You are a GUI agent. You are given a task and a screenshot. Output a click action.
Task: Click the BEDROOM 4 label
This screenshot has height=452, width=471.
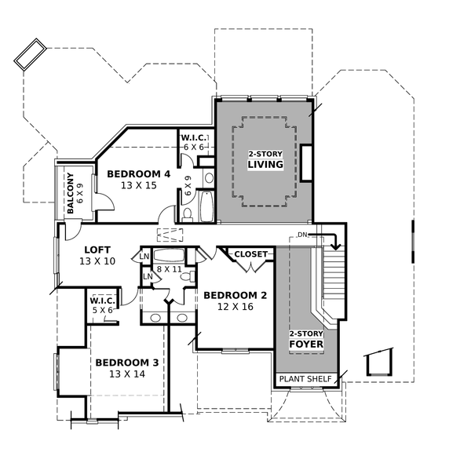point(138,173)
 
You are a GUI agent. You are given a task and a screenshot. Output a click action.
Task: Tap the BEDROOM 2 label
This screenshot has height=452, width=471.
point(235,296)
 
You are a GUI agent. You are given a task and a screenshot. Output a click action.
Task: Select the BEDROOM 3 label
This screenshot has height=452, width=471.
point(127,363)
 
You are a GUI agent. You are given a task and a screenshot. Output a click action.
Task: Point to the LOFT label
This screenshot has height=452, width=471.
point(97,249)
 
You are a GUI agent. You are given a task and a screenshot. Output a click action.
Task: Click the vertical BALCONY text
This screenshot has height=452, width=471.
point(70,193)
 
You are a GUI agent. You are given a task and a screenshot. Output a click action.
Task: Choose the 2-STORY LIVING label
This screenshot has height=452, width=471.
point(265,159)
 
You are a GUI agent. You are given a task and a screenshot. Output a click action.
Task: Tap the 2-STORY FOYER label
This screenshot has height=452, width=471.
point(306,338)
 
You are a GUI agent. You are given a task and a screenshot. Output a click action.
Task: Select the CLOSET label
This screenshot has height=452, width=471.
point(251,254)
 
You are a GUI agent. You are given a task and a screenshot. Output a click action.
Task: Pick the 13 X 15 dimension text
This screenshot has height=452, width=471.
point(139,186)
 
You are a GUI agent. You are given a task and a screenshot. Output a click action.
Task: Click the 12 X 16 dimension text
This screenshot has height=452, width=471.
point(235,308)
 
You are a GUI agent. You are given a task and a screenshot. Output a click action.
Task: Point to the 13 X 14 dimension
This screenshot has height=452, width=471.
point(127,374)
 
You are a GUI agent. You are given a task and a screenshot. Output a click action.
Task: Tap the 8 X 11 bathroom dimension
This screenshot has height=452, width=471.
point(168,269)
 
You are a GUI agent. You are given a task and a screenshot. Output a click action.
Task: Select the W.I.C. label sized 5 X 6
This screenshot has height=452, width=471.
point(103,301)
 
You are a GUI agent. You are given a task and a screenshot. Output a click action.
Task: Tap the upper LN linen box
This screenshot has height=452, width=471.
point(144,257)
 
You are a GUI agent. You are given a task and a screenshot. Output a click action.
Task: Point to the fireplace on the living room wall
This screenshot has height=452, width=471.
point(307,163)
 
